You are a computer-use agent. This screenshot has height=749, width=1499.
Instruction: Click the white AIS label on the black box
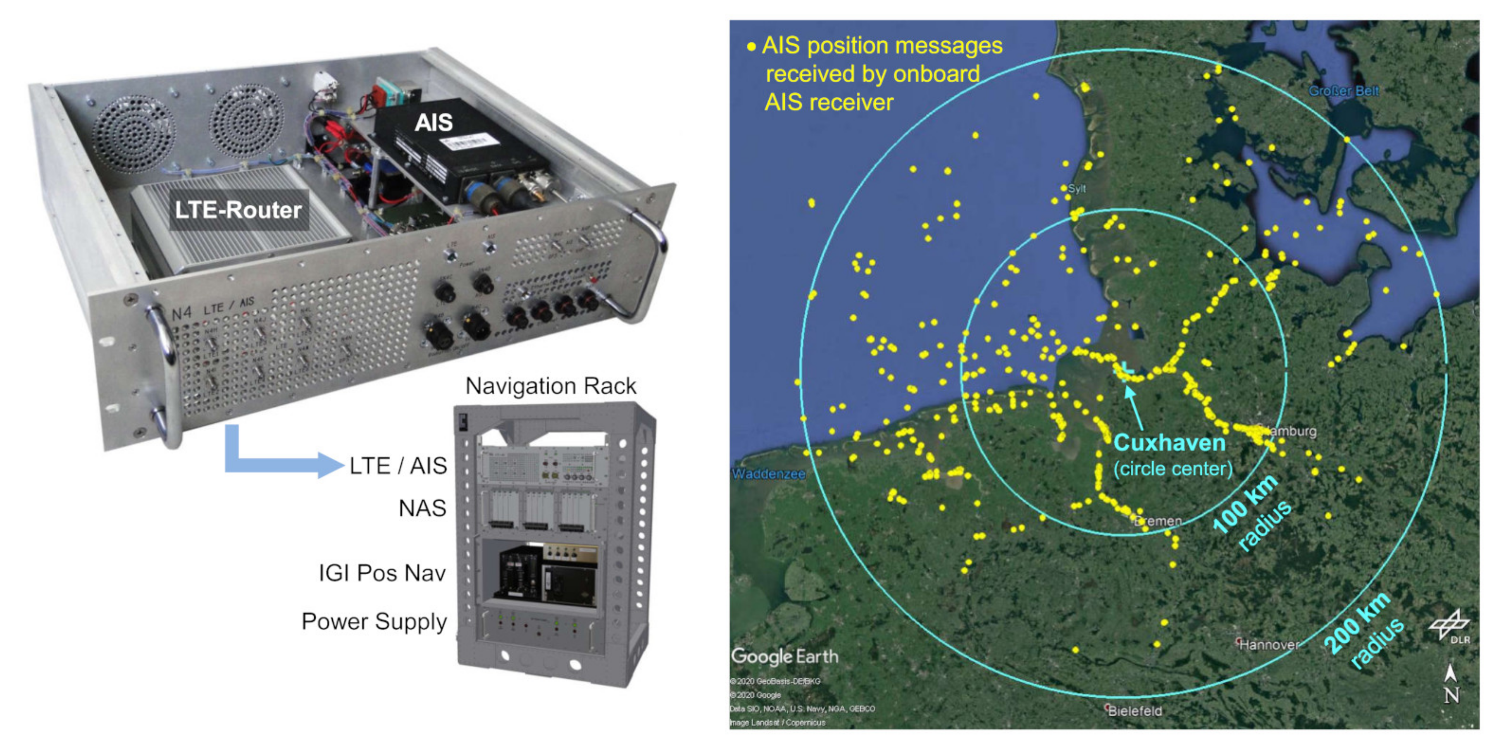[434, 123]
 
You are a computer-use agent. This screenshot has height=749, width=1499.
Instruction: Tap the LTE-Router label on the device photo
[238, 210]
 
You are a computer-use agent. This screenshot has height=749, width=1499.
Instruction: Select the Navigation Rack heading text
[551, 386]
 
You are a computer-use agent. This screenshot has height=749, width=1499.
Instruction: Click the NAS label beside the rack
[422, 508]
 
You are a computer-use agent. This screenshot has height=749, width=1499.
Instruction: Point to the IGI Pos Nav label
[382, 573]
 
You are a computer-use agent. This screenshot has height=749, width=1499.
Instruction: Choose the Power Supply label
[374, 622]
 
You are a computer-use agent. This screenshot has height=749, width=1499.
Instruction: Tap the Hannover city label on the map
[1268, 644]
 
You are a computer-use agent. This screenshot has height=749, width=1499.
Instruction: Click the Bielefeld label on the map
[1135, 711]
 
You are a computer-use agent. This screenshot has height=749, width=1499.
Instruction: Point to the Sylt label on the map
[1077, 188]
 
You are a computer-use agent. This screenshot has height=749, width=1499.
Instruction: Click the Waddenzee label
[768, 474]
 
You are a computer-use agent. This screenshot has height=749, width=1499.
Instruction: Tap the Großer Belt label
[1344, 91]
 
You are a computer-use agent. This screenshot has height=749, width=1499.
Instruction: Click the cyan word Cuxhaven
[1170, 443]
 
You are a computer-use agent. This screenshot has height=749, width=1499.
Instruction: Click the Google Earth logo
[784, 656]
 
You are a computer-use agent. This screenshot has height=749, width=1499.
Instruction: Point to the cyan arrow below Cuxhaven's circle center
[1134, 408]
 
